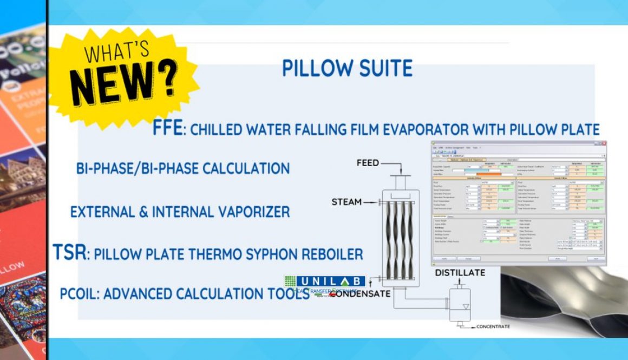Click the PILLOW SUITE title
coord(347,69)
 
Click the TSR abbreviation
coord(70,252)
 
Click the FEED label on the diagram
coord(368,163)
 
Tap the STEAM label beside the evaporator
coord(346,202)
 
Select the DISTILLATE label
coord(460,272)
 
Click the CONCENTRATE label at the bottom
coord(493,326)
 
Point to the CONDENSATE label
coord(360,294)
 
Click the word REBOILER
coord(330,254)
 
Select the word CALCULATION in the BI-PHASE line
coord(246,168)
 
